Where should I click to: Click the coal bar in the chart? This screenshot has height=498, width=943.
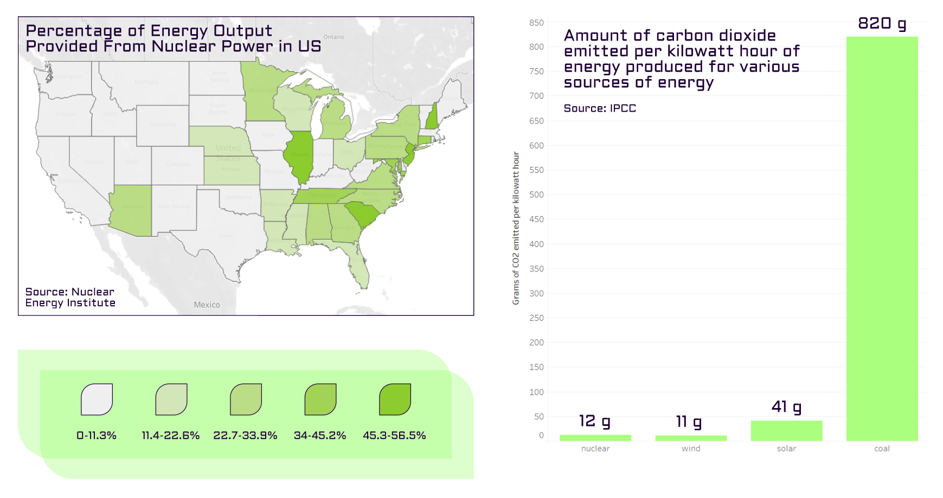(x=882, y=238)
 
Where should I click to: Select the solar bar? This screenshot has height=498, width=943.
(x=786, y=430)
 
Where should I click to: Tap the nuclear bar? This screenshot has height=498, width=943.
(x=595, y=437)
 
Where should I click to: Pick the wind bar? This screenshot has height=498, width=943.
(x=691, y=438)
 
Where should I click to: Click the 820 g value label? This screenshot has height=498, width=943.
(x=882, y=24)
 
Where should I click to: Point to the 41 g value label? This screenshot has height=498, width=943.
(x=786, y=407)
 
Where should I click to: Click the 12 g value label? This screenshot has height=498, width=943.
(x=594, y=421)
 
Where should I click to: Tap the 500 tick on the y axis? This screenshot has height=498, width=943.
(x=536, y=195)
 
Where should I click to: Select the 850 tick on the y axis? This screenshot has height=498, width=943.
(x=536, y=23)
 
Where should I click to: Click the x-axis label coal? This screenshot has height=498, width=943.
(x=882, y=449)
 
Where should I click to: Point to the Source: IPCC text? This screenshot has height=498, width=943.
(x=600, y=108)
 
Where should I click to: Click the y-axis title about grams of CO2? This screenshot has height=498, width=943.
(x=516, y=228)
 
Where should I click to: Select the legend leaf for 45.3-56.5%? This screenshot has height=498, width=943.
(x=395, y=399)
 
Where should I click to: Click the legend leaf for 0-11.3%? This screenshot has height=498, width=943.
(x=97, y=399)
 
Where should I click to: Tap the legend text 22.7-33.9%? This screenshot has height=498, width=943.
(x=245, y=436)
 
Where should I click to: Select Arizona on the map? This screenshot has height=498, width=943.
(x=132, y=210)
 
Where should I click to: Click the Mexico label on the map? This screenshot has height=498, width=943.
(x=207, y=305)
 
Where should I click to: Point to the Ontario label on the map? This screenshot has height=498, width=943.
(x=333, y=37)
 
